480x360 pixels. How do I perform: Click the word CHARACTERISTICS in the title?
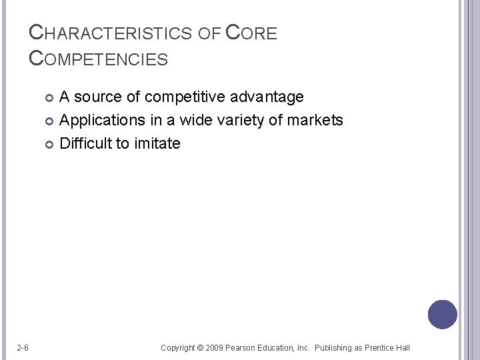pos(103,33)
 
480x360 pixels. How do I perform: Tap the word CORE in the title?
pos(251,33)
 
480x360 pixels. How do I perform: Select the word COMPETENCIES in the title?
pos(99,59)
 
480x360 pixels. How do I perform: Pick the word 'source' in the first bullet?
pos(99,97)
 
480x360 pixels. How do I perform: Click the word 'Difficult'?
pos(87,143)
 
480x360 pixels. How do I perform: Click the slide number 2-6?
pos(22,347)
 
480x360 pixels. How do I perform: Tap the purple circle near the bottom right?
pos(443,314)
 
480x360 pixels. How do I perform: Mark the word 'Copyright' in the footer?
pos(178,348)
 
